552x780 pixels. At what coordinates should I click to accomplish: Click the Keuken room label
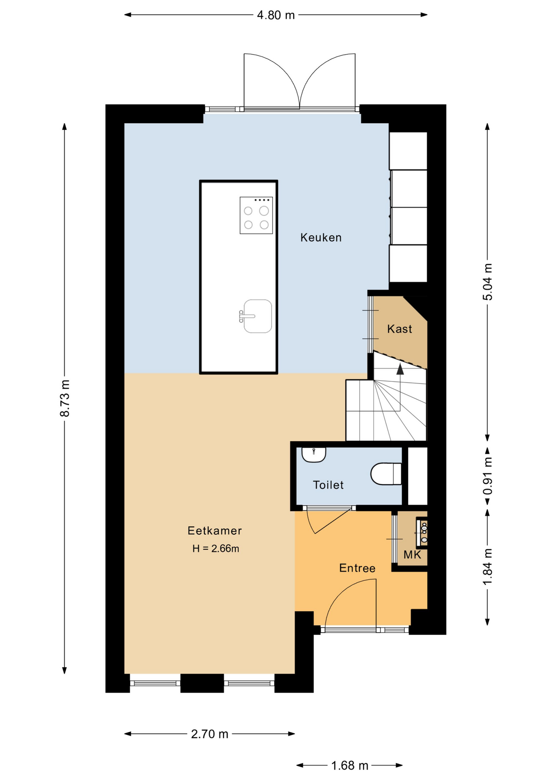(321, 238)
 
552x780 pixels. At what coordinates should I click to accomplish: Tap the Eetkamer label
(215, 531)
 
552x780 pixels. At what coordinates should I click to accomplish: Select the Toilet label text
(328, 485)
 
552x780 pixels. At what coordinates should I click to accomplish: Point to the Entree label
(357, 568)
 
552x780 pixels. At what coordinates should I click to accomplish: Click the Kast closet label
(400, 329)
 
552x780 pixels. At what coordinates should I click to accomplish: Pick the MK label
(412, 555)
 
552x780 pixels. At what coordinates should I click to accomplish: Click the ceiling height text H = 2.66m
(215, 548)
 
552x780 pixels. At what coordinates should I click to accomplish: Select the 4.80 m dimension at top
(276, 15)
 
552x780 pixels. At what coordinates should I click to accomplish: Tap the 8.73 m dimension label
(65, 398)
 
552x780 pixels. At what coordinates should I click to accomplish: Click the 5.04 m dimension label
(487, 282)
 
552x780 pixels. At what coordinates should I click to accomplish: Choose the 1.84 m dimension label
(487, 567)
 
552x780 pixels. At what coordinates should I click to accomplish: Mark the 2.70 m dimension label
(210, 734)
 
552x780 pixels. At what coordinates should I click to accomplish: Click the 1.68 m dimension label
(350, 766)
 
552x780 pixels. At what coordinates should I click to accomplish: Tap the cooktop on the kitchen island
(256, 215)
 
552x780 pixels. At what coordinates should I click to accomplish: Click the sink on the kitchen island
(256, 316)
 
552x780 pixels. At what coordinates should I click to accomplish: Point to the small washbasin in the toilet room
(314, 455)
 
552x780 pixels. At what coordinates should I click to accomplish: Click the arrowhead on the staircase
(400, 369)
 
